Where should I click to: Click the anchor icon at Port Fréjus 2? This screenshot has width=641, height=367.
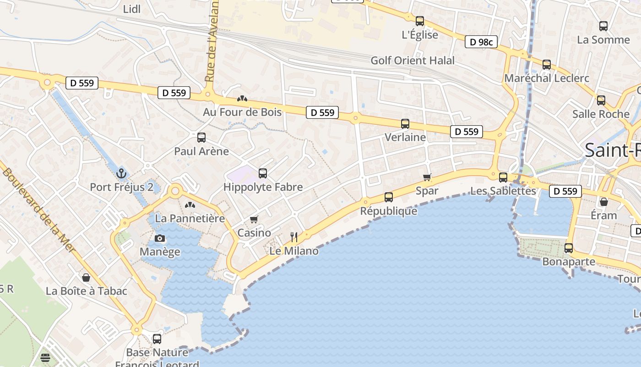pyautogui.click(x=121, y=173)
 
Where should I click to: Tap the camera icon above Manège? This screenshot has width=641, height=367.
pyautogui.click(x=160, y=238)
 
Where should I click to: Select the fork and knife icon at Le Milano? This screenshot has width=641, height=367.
pyautogui.click(x=294, y=237)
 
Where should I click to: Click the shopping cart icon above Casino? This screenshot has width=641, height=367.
pyautogui.click(x=254, y=220)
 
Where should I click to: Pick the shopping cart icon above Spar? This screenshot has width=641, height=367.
pyautogui.click(x=427, y=177)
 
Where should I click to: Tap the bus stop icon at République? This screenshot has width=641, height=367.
pyautogui.click(x=389, y=197)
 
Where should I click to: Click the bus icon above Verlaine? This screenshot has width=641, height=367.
pyautogui.click(x=405, y=124)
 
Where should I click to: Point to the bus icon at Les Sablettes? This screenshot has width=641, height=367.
pyautogui.click(x=503, y=177)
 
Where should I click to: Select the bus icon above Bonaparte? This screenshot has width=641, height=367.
pyautogui.click(x=569, y=248)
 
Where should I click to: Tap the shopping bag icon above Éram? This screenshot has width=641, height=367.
pyautogui.click(x=604, y=202)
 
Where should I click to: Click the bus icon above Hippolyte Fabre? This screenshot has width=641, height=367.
pyautogui.click(x=263, y=173)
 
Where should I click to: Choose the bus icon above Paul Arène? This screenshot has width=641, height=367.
pyautogui.click(x=201, y=137)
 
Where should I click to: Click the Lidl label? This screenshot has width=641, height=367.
pyautogui.click(x=132, y=9)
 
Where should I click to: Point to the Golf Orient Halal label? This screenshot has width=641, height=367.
pyautogui.click(x=413, y=61)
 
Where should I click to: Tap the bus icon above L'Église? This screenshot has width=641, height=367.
pyautogui.click(x=420, y=21)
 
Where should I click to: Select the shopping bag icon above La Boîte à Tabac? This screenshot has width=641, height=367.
pyautogui.click(x=86, y=278)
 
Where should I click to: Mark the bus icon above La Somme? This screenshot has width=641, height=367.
pyautogui.click(x=603, y=26)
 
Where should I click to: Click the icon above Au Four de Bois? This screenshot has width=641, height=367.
pyautogui.click(x=242, y=99)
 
